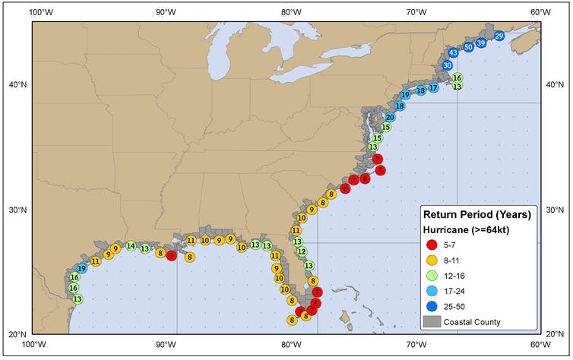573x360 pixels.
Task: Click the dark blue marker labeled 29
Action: coord(499,36)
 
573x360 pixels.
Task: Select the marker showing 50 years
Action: coord(468,46)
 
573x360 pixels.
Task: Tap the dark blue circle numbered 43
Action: coord(453,52)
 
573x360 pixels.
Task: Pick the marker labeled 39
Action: coord(481,43)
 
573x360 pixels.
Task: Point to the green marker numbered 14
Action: coord(131,246)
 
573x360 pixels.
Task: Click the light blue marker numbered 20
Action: coord(390,117)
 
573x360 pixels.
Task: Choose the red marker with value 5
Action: coord(381,170)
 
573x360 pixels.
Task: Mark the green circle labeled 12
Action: coord(301,251)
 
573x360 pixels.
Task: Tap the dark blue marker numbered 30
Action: coord(448,65)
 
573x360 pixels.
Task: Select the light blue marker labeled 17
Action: coord(433,88)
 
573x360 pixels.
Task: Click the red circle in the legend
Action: coord(432,245)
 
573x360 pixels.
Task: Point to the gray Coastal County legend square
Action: coord(432,322)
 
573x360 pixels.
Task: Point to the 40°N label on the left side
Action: coord(15,84)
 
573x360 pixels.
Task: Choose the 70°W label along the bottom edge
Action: coord(415,344)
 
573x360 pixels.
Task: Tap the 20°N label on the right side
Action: coord(556,333)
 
